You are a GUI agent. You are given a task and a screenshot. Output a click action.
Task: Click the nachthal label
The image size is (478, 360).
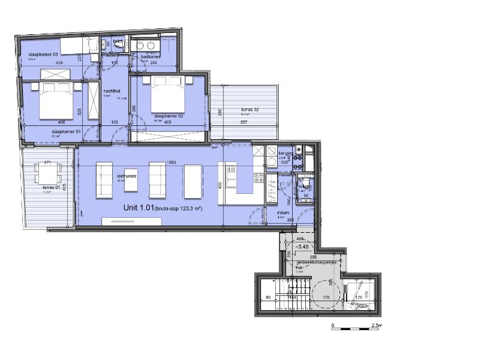[x=109, y=91]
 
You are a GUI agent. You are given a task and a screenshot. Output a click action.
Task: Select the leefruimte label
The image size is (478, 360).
[x=127, y=176]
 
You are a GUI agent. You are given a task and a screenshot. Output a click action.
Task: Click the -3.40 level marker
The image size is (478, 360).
[x=302, y=247]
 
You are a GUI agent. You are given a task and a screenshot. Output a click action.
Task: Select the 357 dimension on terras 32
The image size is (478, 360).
[x=244, y=122]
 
